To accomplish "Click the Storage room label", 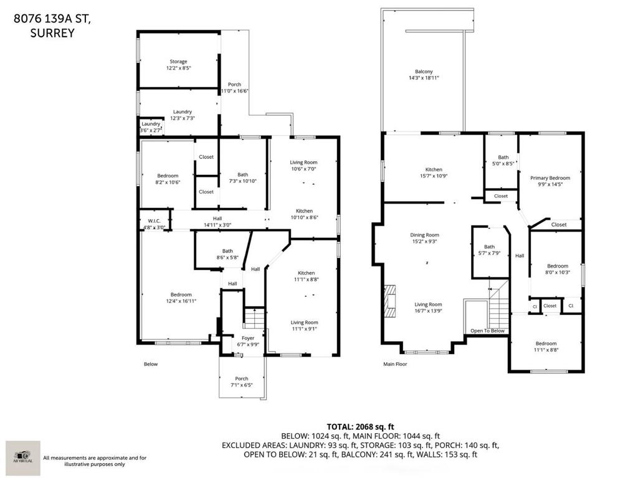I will tap(178, 62).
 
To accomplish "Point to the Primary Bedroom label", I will tap(550, 178).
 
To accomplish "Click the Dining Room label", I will tap(424, 235).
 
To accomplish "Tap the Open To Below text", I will tap(487, 331).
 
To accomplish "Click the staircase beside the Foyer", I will tap(254, 319).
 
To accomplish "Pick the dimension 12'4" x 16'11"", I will tap(181, 301).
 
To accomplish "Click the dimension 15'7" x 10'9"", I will tap(434, 176).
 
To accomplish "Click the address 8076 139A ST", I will tap(52, 19).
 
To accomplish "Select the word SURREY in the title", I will tap(52, 34).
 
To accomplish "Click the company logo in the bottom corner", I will tap(23, 458).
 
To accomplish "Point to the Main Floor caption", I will tap(394, 364).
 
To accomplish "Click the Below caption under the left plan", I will tap(151, 364).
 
